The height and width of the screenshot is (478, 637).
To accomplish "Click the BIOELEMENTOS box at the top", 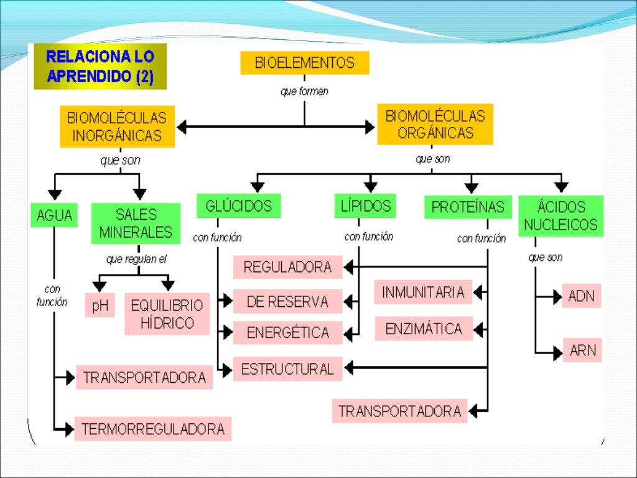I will (304, 63).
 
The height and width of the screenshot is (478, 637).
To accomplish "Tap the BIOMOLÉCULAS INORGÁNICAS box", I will (117, 126).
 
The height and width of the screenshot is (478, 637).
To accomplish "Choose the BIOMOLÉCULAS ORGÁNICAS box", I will (435, 124).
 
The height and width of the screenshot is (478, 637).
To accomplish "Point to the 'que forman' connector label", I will (304, 91).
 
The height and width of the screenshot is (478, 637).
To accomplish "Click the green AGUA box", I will (54, 216).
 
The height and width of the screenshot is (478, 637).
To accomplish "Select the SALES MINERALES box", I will (136, 223).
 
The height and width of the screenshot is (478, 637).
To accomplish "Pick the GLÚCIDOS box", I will (238, 206).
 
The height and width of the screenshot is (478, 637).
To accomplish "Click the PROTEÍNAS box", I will (468, 207).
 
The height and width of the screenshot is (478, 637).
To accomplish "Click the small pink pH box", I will (100, 305).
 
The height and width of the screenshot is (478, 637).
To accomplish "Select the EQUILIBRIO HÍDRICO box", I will (167, 314).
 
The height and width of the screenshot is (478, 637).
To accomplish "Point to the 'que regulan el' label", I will (136, 259).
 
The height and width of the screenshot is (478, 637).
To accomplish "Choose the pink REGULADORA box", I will (287, 267).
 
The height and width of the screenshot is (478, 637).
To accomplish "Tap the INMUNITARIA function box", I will (423, 292).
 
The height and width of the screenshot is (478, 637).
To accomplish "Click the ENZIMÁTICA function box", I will (424, 329).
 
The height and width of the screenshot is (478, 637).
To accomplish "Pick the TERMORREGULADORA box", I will (152, 429).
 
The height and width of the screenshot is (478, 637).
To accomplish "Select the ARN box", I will (582, 350).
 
